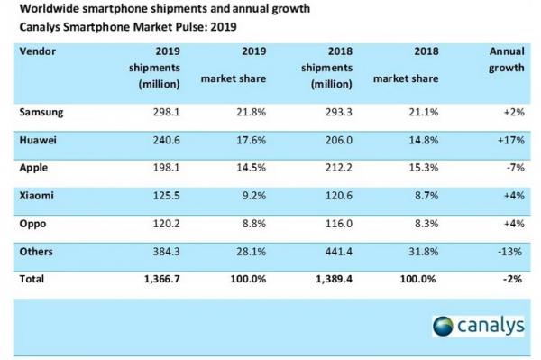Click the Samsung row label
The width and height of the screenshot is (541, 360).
[42, 113]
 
